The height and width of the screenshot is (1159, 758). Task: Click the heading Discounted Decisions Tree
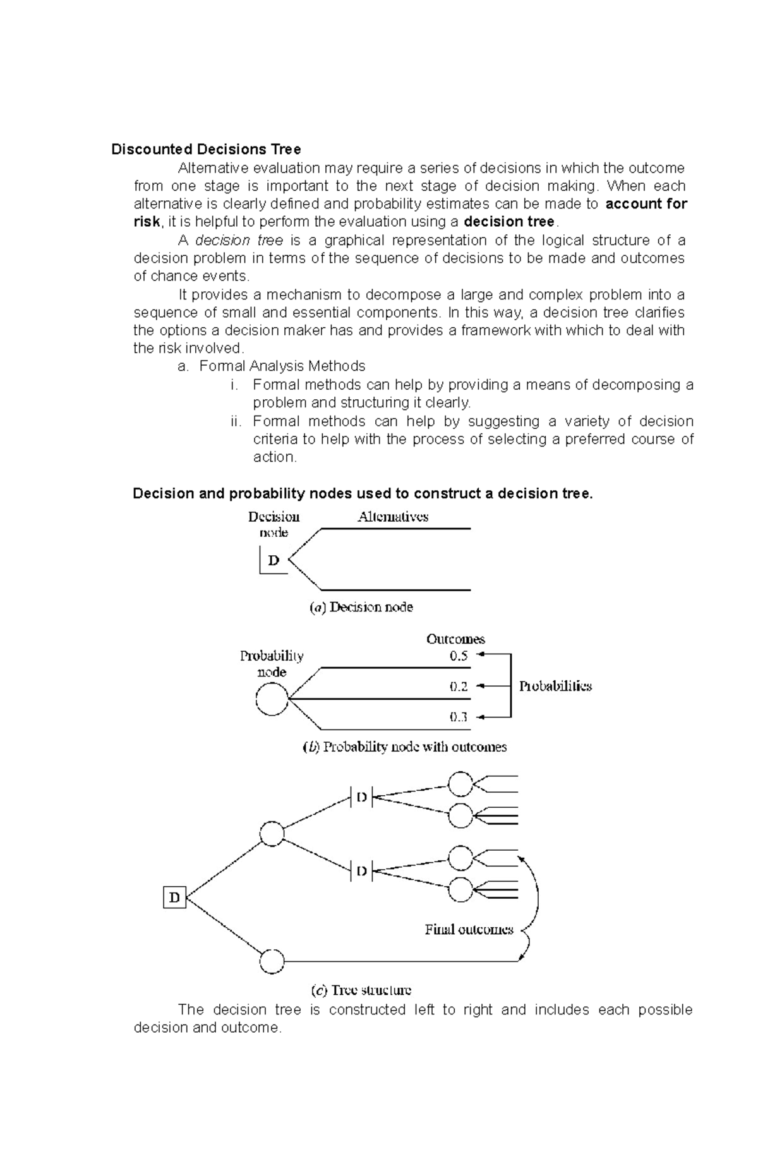click(206, 150)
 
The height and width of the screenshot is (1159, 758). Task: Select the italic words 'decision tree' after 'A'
click(239, 241)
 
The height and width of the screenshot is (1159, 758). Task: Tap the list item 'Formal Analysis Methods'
click(282, 366)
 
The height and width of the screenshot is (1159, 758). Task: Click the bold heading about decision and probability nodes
click(363, 494)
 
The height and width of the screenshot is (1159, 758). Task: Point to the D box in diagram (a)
click(274, 560)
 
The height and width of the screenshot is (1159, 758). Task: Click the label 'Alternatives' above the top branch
click(393, 517)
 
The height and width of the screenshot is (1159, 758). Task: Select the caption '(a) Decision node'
click(361, 608)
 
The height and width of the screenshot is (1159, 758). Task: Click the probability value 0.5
click(459, 656)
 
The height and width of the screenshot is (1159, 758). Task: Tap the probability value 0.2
click(459, 687)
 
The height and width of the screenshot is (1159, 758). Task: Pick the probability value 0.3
click(459, 717)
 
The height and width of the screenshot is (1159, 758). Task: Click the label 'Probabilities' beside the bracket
click(555, 687)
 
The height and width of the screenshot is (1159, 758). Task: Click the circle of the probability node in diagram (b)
click(272, 699)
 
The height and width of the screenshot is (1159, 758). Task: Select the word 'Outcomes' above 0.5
click(455, 639)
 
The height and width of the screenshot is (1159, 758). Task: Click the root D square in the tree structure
click(175, 897)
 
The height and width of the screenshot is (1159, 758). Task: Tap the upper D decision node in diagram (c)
click(361, 797)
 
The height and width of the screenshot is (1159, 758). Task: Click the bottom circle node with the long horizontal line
click(272, 961)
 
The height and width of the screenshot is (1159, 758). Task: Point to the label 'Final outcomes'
click(469, 930)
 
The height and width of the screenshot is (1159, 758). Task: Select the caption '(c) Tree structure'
click(361, 990)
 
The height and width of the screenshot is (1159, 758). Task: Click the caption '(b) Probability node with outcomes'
click(404, 747)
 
